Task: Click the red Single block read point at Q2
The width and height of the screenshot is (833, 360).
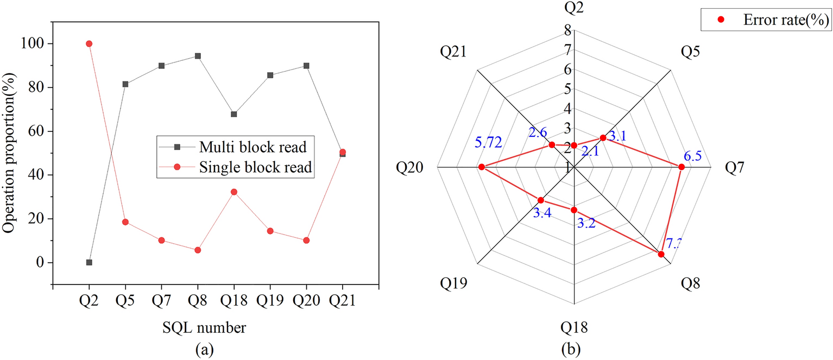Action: point(89,43)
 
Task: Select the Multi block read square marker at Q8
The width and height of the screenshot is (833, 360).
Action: point(198,56)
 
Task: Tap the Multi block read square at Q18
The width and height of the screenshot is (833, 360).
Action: point(234,114)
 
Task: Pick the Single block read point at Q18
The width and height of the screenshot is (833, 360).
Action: point(234,192)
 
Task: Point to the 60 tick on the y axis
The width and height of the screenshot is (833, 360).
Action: point(37,131)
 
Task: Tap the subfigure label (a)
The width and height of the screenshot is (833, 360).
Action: point(204,350)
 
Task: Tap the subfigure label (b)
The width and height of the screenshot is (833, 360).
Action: point(575,350)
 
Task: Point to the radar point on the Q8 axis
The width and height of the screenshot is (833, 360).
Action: point(661,254)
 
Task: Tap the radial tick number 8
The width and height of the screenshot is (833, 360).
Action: point(567,30)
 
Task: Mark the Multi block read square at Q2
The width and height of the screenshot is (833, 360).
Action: point(89,262)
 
